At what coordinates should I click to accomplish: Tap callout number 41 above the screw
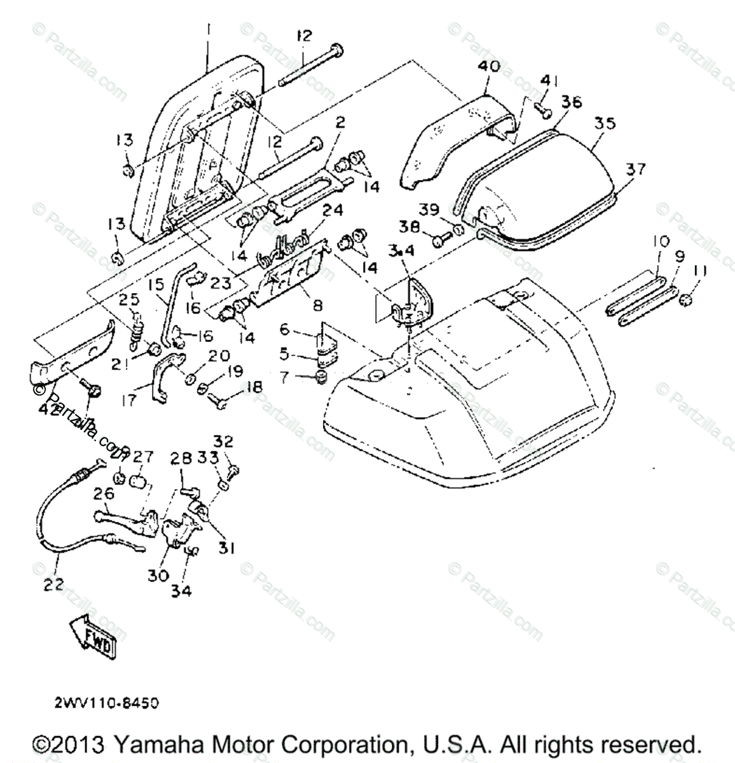(548, 80)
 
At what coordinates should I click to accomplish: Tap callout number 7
(284, 377)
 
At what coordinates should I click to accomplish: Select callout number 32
(223, 441)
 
